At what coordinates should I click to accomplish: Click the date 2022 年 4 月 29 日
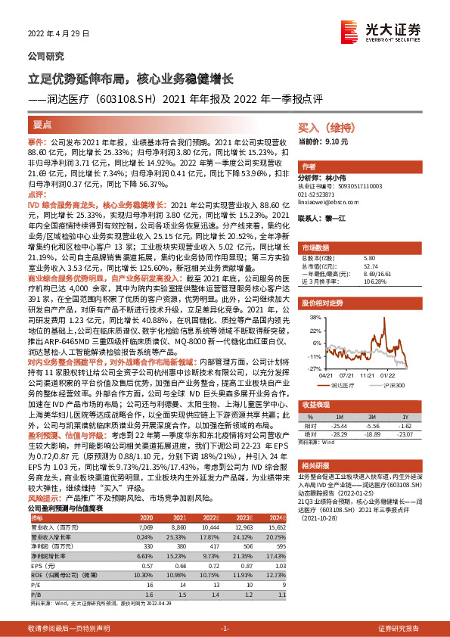(x=57, y=33)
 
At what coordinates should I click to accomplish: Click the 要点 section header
(x=43, y=123)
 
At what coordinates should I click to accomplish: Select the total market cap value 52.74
(x=370, y=266)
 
